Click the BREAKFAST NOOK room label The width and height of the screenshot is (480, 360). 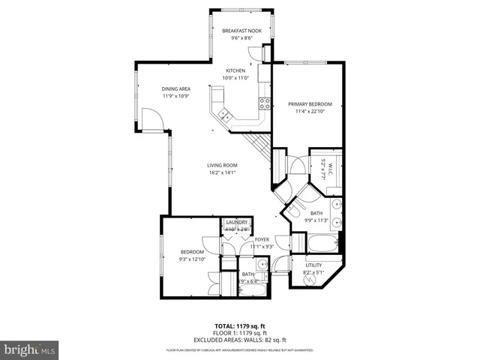point(241,31)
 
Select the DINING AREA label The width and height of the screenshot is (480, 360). point(176,89)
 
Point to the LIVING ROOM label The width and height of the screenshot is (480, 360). point(223,165)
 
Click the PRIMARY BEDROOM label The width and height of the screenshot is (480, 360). point(310,104)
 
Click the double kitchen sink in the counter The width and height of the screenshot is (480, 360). point(223,115)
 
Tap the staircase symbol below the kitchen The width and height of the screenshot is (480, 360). point(259,142)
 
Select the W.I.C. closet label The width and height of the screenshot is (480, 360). point(324,170)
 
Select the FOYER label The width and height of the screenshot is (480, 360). point(262,240)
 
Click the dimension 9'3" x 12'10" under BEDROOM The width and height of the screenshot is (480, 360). point(191,259)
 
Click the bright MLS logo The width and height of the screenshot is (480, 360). point(30,349)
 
